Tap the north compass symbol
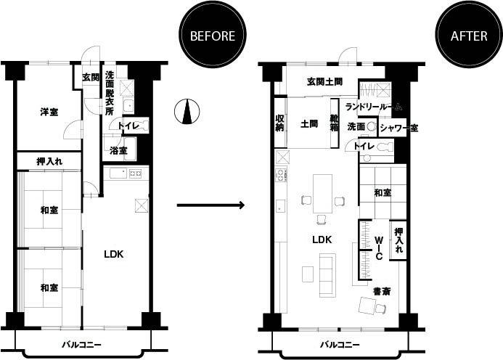(187, 112)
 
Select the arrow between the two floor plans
(210, 205)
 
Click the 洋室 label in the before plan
(49, 112)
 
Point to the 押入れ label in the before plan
(49, 161)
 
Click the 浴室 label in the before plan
(118, 150)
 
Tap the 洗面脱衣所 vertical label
(110, 94)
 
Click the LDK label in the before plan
(114, 255)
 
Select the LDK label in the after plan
(322, 240)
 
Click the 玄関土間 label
(324, 82)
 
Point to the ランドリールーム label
(374, 107)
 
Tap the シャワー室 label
(399, 128)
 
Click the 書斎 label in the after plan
(382, 292)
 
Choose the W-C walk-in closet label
(379, 248)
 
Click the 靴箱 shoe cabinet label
(335, 123)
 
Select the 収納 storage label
(279, 123)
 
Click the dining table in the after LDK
(323, 194)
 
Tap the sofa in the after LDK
(327, 275)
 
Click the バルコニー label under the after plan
(340, 345)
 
